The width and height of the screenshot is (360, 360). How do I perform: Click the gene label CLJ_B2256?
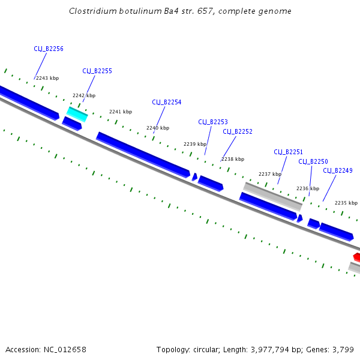49,49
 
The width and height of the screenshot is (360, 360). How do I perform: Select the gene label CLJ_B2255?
97,71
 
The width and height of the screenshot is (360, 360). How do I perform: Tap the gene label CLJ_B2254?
167,102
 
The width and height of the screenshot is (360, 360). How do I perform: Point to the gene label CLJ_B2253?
213,122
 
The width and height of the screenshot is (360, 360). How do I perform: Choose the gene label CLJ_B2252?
238,131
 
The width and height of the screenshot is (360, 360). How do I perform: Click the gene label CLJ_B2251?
289,152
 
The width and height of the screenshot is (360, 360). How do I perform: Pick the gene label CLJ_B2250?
313,161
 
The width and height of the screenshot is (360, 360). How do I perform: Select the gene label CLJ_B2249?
338,171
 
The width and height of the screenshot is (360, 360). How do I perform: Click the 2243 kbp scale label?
47,78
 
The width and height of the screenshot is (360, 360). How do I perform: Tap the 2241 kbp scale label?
121,112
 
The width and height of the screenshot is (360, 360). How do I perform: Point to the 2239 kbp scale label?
195,144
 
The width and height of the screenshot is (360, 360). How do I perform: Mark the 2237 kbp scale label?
270,174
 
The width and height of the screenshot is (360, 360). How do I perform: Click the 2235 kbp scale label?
346,203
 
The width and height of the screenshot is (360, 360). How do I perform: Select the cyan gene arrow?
77,113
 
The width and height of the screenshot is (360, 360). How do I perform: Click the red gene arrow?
356,257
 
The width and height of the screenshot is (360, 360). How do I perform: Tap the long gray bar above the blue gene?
272,196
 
